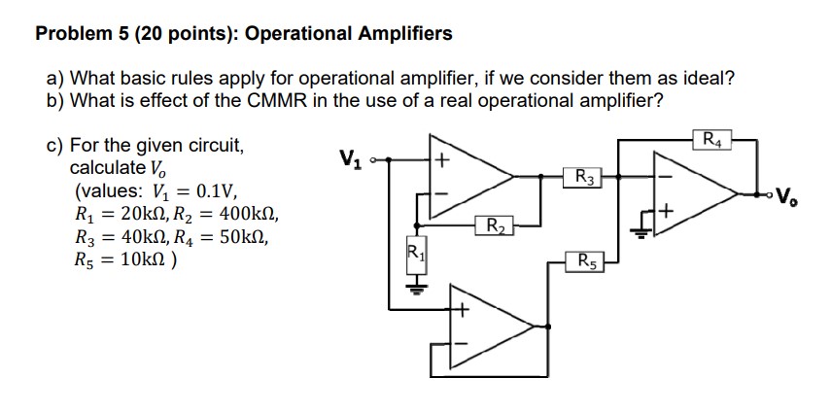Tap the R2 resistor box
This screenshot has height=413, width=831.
coord(495,228)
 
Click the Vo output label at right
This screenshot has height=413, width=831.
coord(790,193)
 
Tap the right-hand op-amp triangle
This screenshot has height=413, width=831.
coord(695,193)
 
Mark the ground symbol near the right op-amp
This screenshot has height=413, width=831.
coord(641,229)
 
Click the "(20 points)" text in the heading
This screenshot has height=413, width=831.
coord(185,34)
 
